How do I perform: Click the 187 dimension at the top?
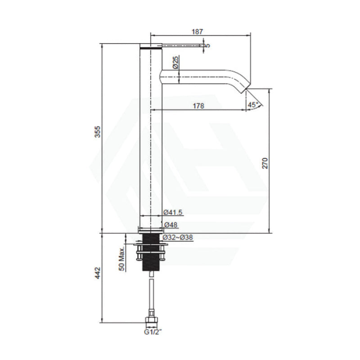pyautogui.click(x=198, y=31)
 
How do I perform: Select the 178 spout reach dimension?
pyautogui.click(x=198, y=106)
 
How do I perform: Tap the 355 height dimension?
pyautogui.click(x=98, y=131)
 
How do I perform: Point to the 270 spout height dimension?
pyautogui.click(x=265, y=163)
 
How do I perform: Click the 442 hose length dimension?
pyautogui.click(x=98, y=273)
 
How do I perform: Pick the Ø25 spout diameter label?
pyautogui.click(x=175, y=63)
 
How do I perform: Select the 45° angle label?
pyautogui.click(x=252, y=105)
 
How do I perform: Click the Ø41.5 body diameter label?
pyautogui.click(x=173, y=212)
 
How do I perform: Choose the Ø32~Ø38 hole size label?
pyautogui.click(x=178, y=238)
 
